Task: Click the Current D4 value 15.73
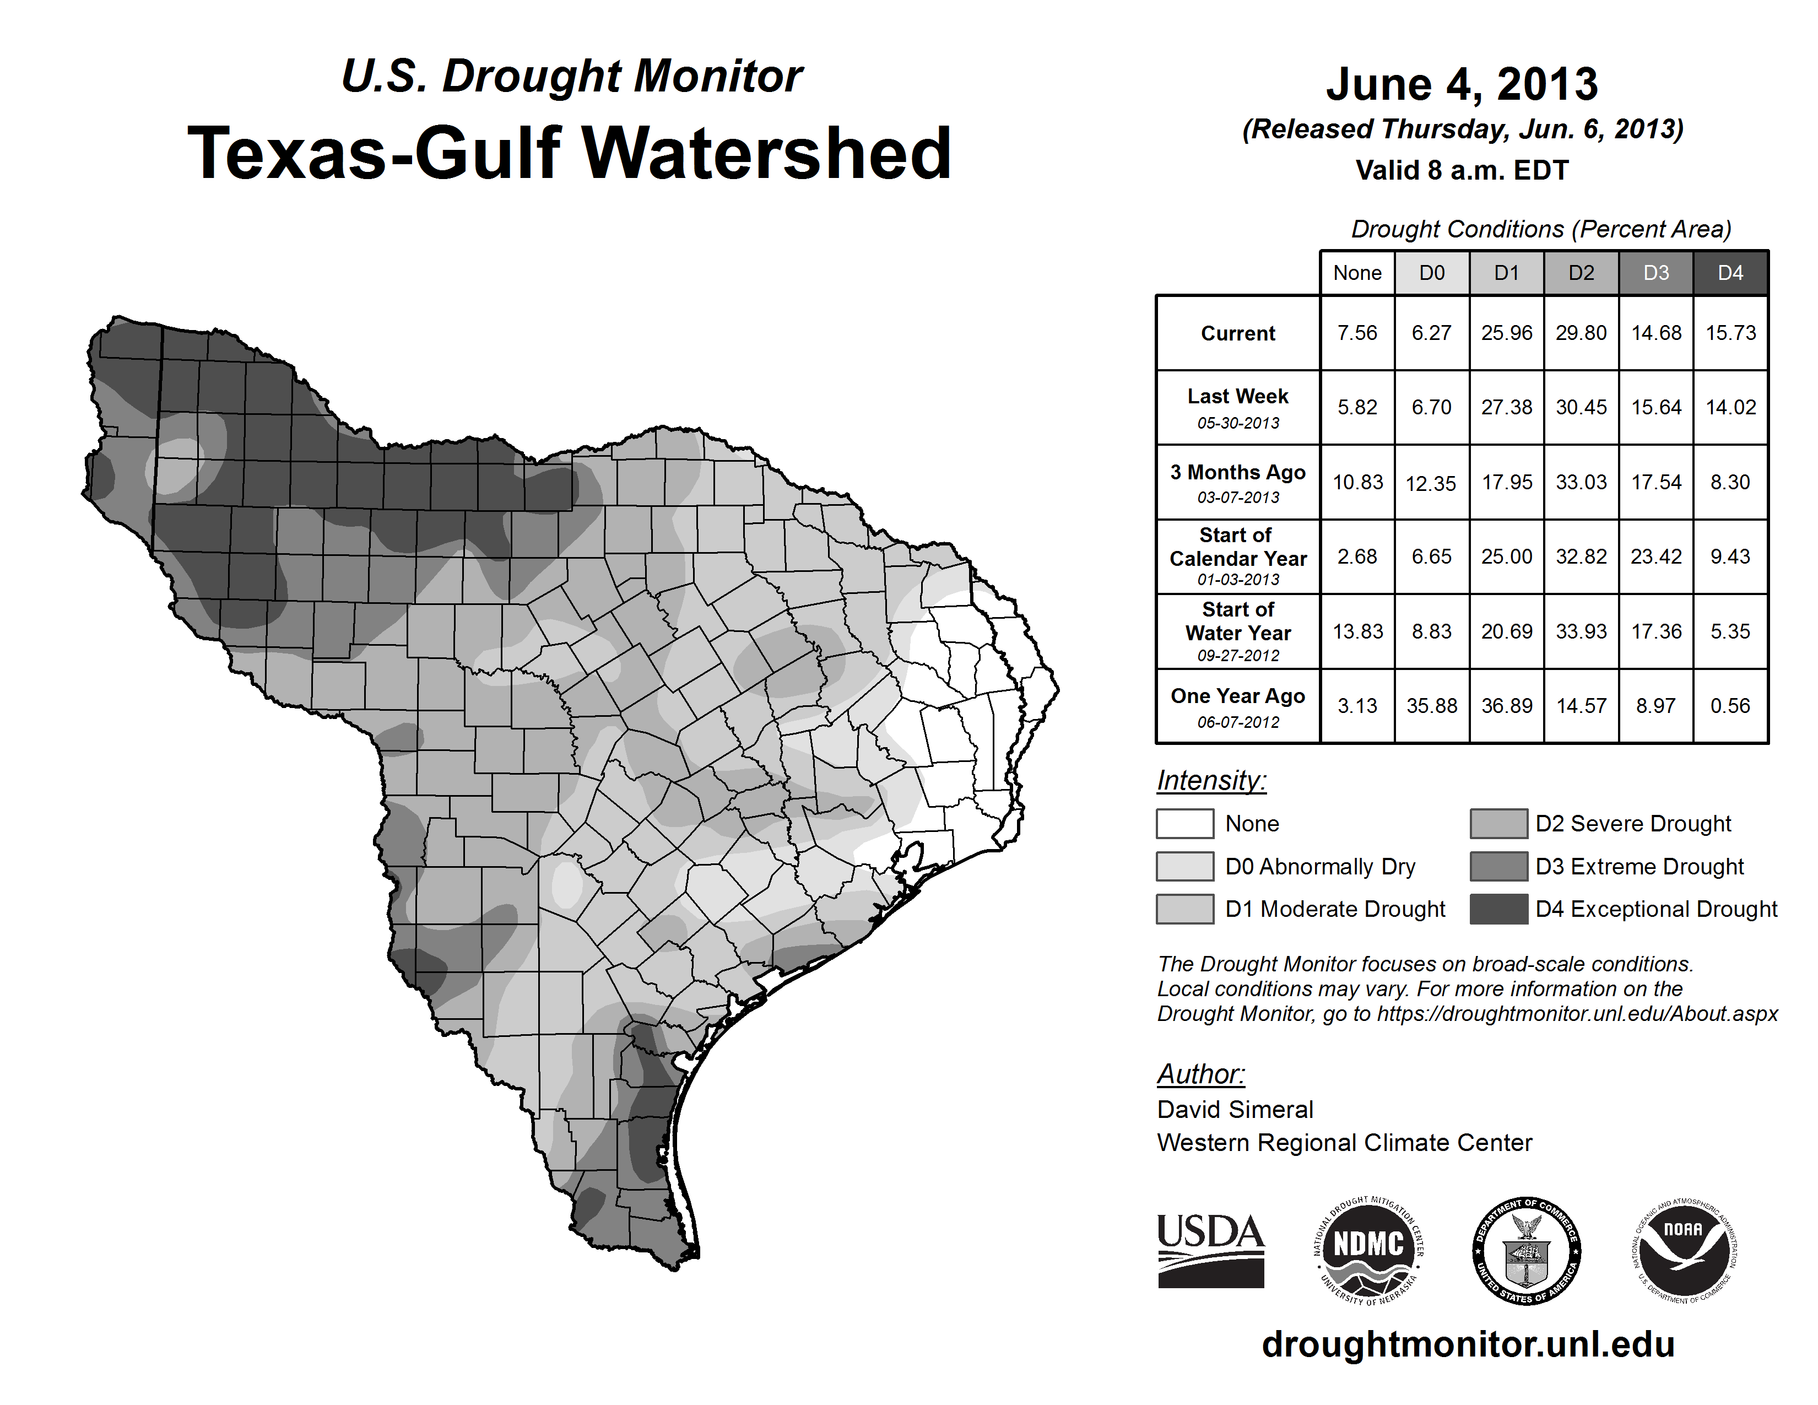[1730, 333]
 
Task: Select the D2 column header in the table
[1581, 273]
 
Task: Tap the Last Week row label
[1238, 407]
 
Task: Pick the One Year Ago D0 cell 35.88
[1432, 706]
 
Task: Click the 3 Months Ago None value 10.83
[1357, 482]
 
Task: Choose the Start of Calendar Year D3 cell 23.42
[1655, 556]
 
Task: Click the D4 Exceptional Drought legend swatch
[1498, 909]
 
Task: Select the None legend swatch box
[1184, 823]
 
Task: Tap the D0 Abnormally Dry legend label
[1320, 867]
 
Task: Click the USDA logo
[1210, 1250]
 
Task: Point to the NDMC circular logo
[1368, 1250]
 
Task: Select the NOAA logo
[1683, 1250]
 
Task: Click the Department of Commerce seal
[1526, 1250]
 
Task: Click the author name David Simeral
[1235, 1110]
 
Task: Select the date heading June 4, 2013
[1462, 84]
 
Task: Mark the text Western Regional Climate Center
[1344, 1143]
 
